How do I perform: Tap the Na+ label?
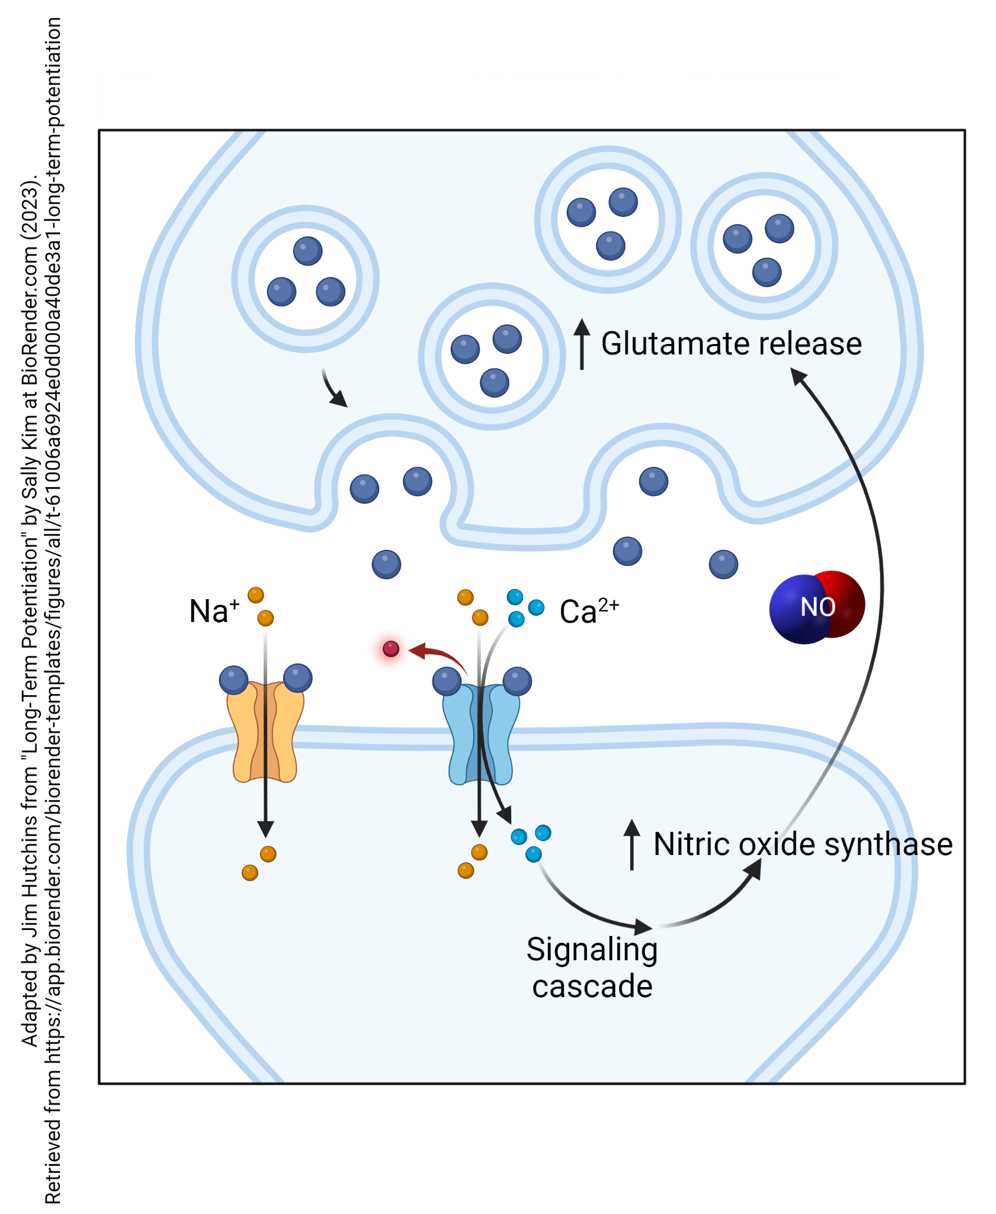point(214,611)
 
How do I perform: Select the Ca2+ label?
point(588,611)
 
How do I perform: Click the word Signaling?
point(591,950)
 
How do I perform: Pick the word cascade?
point(591,987)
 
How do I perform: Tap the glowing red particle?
point(391,649)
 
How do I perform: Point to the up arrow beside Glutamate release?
point(582,343)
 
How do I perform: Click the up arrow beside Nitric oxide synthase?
point(632,844)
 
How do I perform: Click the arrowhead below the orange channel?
point(265,828)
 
